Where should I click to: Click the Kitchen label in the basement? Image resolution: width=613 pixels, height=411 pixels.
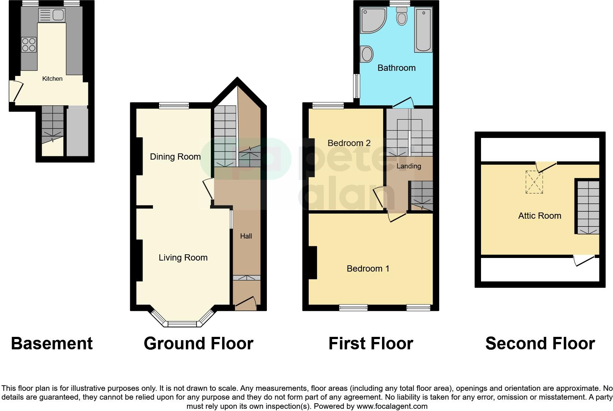click(52, 79)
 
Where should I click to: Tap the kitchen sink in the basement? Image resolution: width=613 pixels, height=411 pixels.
click(58, 15)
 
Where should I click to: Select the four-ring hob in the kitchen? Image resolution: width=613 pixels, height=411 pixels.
click(29, 45)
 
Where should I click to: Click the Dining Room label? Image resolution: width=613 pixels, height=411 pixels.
click(175, 157)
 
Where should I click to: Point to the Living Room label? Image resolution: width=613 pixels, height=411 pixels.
click(183, 258)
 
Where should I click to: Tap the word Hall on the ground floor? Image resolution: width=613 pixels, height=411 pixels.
click(246, 236)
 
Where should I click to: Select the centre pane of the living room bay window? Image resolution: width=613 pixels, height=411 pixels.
click(182, 324)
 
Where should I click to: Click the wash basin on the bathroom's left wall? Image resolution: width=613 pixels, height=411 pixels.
click(367, 54)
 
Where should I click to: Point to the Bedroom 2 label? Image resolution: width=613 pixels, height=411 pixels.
click(349, 143)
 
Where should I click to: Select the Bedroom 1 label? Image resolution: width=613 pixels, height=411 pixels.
click(368, 269)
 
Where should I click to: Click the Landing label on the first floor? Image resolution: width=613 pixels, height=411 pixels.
click(409, 166)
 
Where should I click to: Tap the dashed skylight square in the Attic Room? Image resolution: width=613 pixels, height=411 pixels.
click(534, 182)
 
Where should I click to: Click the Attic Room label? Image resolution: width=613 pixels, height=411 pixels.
click(539, 216)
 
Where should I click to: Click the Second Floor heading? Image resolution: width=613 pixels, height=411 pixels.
click(540, 343)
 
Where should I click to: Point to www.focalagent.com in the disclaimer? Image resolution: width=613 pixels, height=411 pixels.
click(392, 406)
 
